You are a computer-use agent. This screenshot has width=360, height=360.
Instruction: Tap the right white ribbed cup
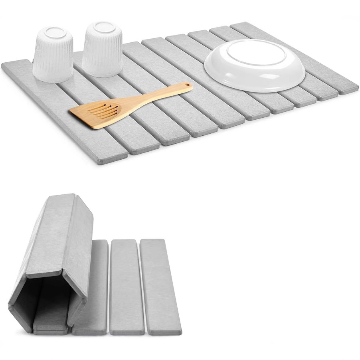coord(102,50)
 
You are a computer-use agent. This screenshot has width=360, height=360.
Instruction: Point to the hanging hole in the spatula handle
coord(187,85)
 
